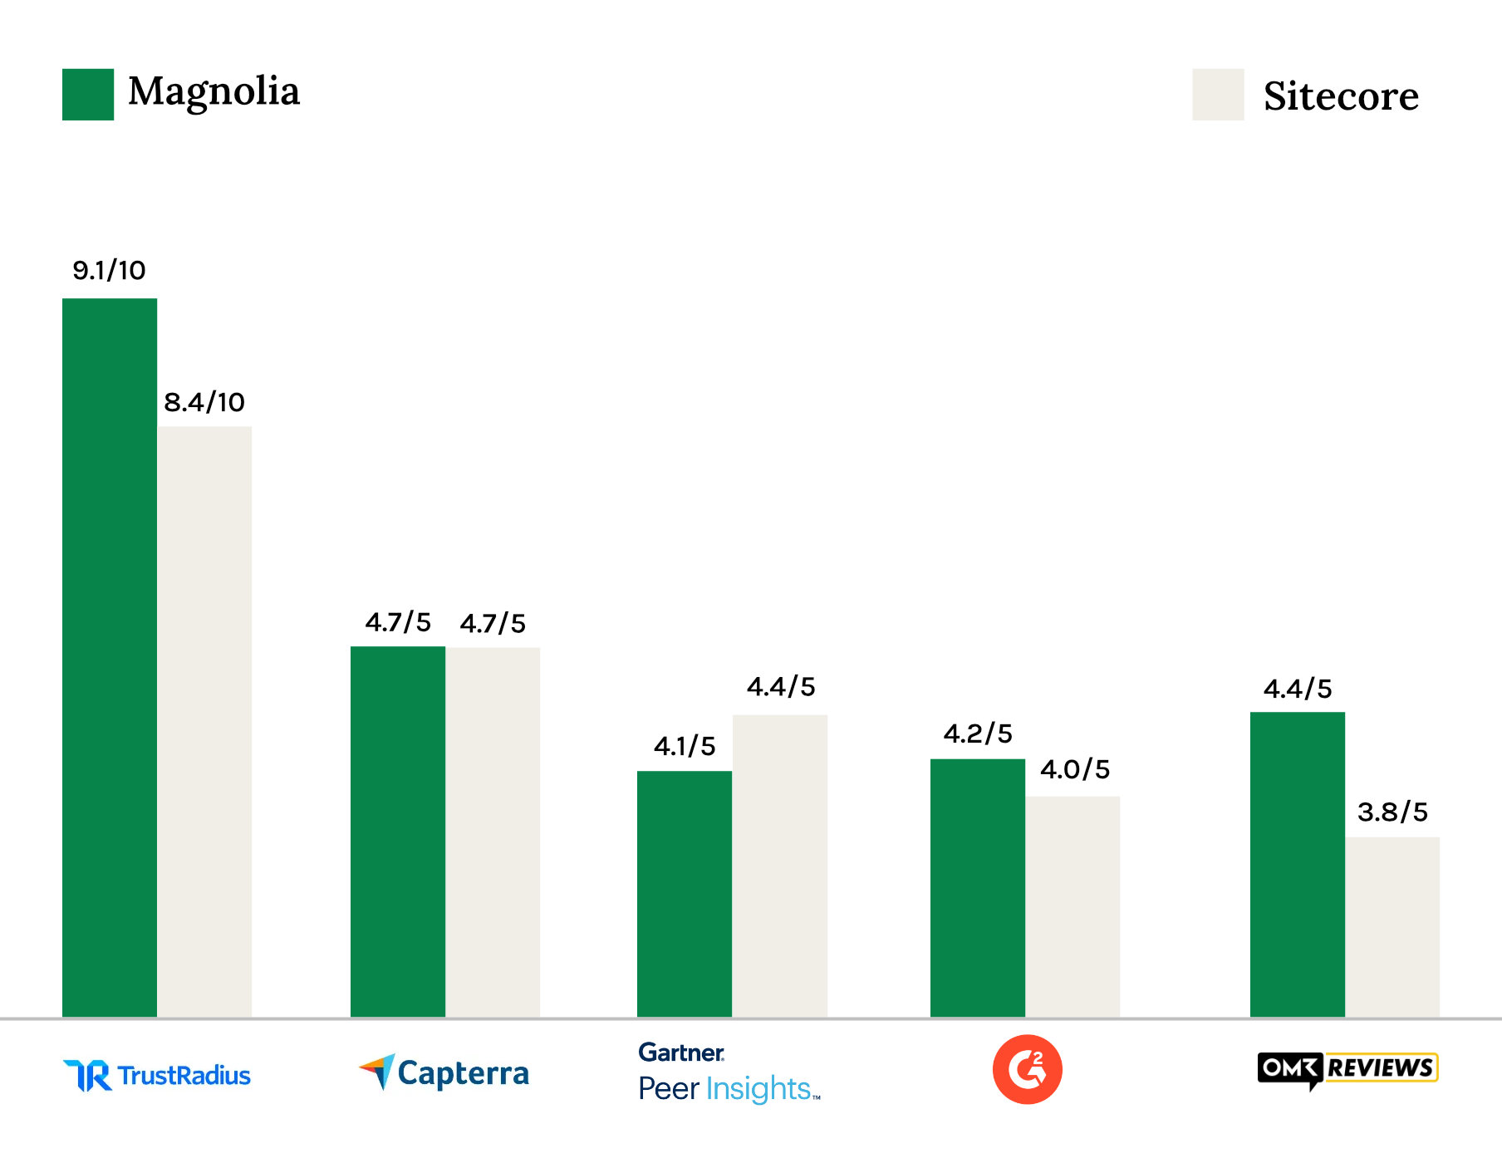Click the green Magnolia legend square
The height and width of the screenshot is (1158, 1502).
[x=88, y=95]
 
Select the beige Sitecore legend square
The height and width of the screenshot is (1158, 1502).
[x=1218, y=95]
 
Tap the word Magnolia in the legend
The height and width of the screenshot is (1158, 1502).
[x=214, y=91]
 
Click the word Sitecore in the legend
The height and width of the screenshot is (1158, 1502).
[x=1341, y=96]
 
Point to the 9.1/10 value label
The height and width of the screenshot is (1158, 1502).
[x=109, y=270]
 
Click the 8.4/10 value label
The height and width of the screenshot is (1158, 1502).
[x=204, y=402]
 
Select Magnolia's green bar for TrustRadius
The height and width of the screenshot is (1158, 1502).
[x=110, y=656]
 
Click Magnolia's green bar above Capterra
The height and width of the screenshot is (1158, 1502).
[x=398, y=831]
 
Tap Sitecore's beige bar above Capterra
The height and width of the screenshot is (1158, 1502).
[x=493, y=831]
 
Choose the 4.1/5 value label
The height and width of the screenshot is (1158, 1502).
[x=685, y=746]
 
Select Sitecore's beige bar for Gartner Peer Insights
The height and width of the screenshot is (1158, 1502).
[x=780, y=864]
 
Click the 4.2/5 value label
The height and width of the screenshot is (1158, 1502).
[x=978, y=734]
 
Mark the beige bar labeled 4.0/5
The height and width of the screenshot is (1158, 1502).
[x=1073, y=905]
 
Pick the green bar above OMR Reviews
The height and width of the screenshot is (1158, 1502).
[x=1298, y=864]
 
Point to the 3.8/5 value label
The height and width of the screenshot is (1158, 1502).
[x=1392, y=812]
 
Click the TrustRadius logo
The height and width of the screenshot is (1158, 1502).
[x=157, y=1075]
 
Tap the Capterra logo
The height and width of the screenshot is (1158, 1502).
[x=444, y=1072]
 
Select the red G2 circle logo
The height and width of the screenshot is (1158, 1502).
[x=1028, y=1069]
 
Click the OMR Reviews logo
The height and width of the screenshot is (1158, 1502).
[x=1347, y=1069]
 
